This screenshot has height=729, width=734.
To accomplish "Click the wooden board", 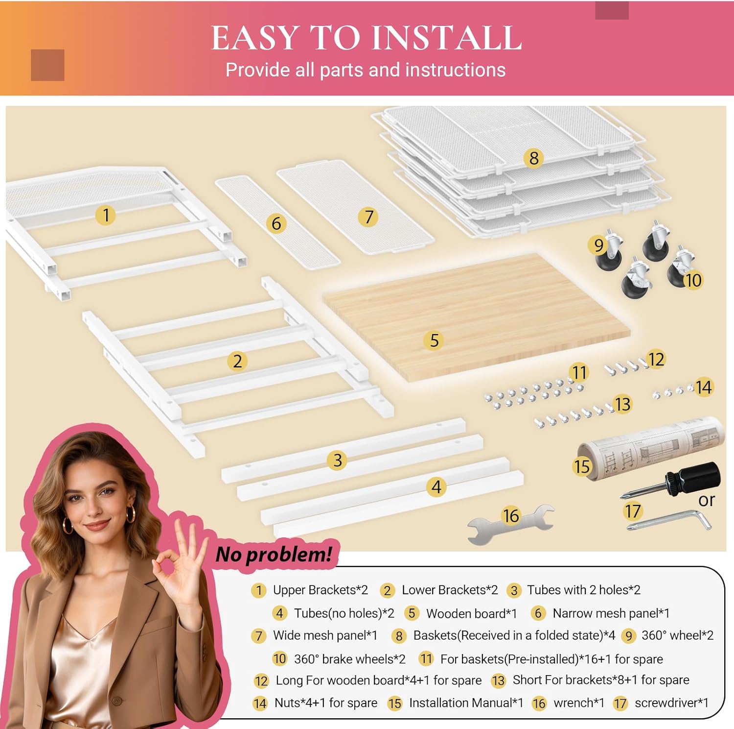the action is (476, 316).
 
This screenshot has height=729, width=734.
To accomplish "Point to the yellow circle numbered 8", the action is (533, 158).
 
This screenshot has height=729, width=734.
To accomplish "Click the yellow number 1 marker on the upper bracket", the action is (106, 215).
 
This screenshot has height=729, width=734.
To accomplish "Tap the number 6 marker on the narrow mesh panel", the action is (276, 223).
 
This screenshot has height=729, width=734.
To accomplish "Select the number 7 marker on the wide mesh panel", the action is (368, 217).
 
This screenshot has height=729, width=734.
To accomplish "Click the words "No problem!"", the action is (274, 554).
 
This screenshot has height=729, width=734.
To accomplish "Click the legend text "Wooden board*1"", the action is (471, 613).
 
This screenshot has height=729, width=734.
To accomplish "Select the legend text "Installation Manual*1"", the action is (466, 703).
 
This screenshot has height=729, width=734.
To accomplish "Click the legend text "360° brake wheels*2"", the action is (349, 659).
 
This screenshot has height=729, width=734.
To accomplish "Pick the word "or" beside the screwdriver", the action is (707, 500).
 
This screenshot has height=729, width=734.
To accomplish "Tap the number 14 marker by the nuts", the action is (703, 388).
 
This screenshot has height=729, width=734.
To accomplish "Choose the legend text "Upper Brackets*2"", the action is (320, 590).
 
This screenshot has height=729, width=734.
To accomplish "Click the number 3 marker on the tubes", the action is (337, 460).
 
